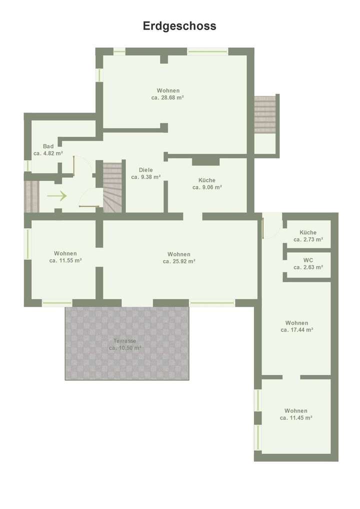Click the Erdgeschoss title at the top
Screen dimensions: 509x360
pyautogui.click(x=180, y=26)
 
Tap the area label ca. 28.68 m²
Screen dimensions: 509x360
pyautogui.click(x=167, y=98)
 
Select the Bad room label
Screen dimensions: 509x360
pyautogui.click(x=48, y=146)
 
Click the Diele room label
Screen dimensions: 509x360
pyautogui.click(x=146, y=169)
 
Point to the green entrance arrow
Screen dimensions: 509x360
pyautogui.click(x=57, y=196)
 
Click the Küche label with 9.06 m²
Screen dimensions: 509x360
pyautogui.click(x=207, y=180)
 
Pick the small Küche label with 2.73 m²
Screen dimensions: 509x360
pyautogui.click(x=308, y=232)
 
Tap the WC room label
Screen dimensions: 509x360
pyautogui.click(x=308, y=260)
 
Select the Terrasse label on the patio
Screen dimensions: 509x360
pyautogui.click(x=125, y=340)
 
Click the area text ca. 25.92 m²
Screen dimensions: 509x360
pyautogui.click(x=178, y=261)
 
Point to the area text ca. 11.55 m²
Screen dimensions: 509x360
pyautogui.click(x=65, y=260)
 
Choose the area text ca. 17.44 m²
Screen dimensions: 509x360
pyautogui.click(x=297, y=330)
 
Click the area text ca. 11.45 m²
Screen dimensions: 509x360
pyautogui.click(x=296, y=417)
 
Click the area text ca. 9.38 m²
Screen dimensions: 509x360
pyautogui.click(x=146, y=177)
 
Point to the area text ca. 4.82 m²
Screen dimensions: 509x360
pyautogui.click(x=48, y=153)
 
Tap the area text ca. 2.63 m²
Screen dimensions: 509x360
pyautogui.click(x=308, y=267)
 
